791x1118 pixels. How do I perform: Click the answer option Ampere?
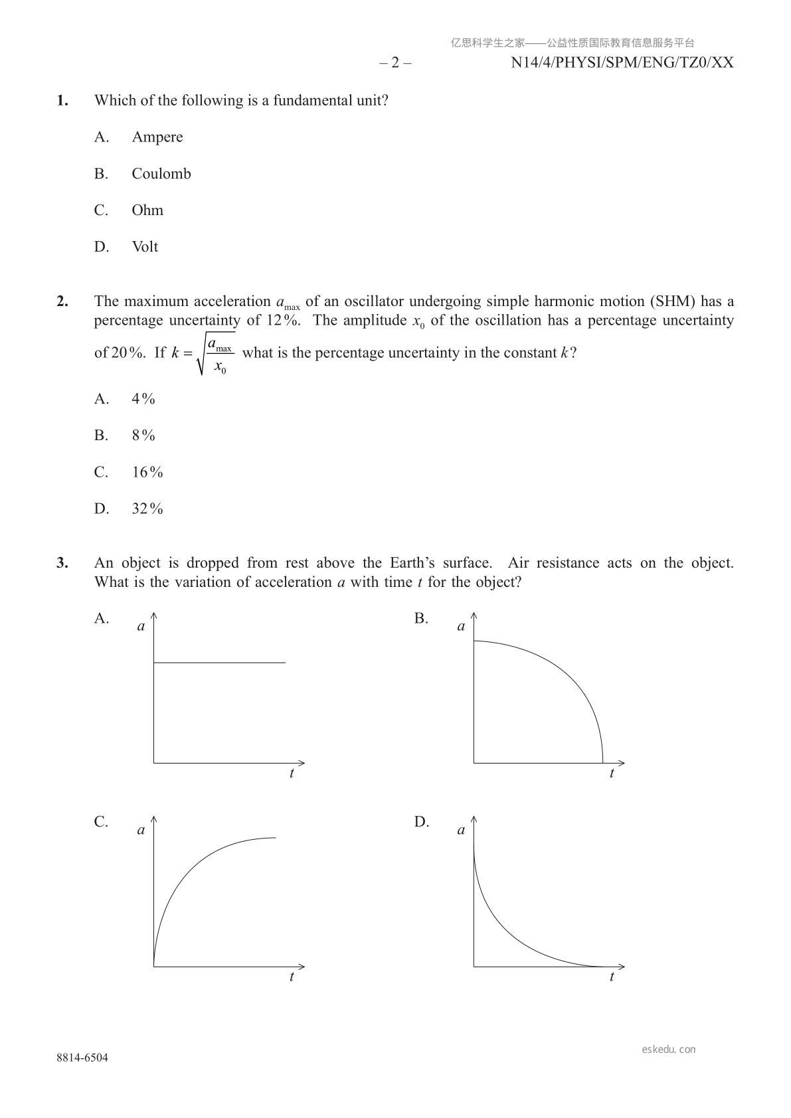pyautogui.click(x=157, y=137)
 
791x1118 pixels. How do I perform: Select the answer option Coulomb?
pyautogui.click(x=161, y=174)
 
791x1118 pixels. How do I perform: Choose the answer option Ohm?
pyautogui.click(x=147, y=210)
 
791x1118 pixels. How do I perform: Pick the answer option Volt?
pyautogui.click(x=145, y=247)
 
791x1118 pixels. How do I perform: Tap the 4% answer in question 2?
pyautogui.click(x=143, y=399)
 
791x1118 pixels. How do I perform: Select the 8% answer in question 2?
pyautogui.click(x=143, y=436)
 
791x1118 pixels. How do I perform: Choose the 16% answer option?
pyautogui.click(x=147, y=472)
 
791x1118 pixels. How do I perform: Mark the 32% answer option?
pyautogui.click(x=147, y=509)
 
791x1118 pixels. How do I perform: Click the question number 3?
pyautogui.click(x=62, y=563)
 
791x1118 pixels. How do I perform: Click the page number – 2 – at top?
pyautogui.click(x=395, y=62)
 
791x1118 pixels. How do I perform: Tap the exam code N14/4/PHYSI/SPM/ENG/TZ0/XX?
pyautogui.click(x=622, y=62)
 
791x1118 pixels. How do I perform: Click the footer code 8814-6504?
pyautogui.click(x=82, y=1058)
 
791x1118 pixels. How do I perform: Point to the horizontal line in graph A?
pyautogui.click(x=219, y=663)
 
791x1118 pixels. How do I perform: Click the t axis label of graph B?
pyautogui.click(x=612, y=773)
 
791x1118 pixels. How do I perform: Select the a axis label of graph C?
pyautogui.click(x=141, y=830)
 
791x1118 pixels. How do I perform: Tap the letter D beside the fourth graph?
pyautogui.click(x=421, y=822)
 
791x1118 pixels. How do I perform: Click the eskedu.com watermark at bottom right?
pyautogui.click(x=669, y=1050)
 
